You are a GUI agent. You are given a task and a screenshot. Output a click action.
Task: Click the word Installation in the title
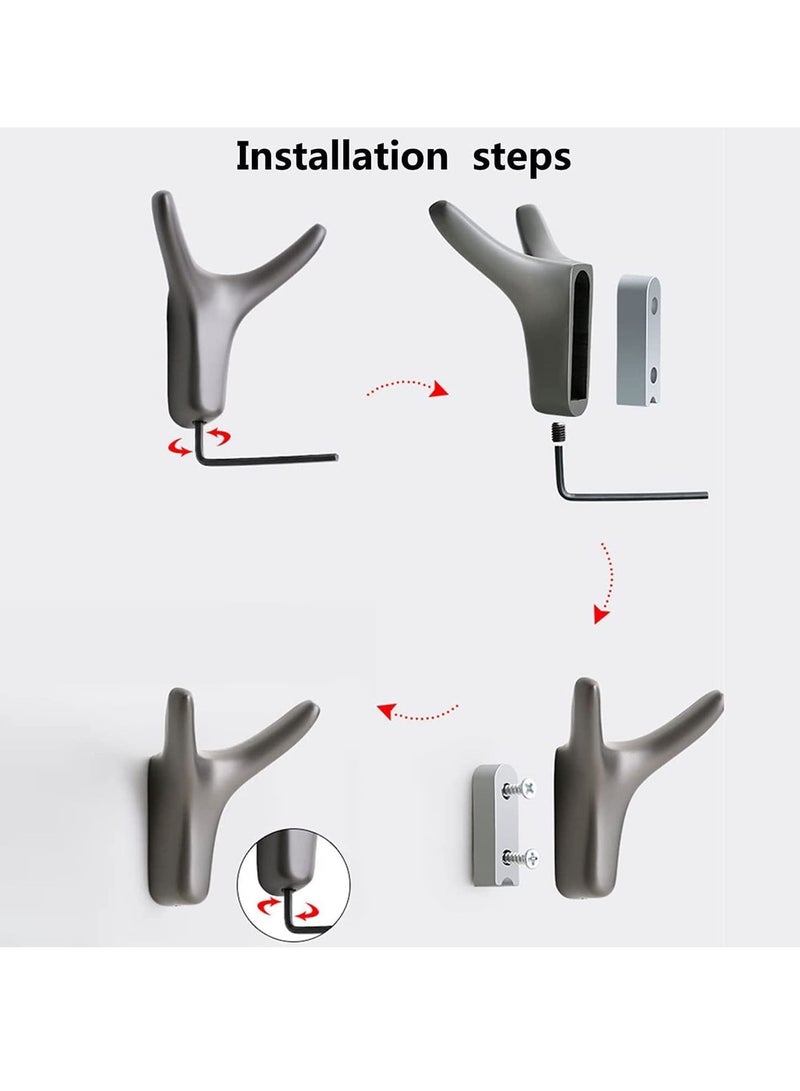(342, 156)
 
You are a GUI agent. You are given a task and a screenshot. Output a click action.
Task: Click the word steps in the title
(522, 159)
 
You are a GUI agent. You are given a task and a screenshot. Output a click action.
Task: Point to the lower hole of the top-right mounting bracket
(654, 375)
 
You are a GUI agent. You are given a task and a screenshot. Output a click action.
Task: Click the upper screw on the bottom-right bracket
(520, 789)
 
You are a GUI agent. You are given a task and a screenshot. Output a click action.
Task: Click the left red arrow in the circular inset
(269, 905)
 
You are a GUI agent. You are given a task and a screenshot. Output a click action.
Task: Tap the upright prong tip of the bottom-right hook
(584, 684)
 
